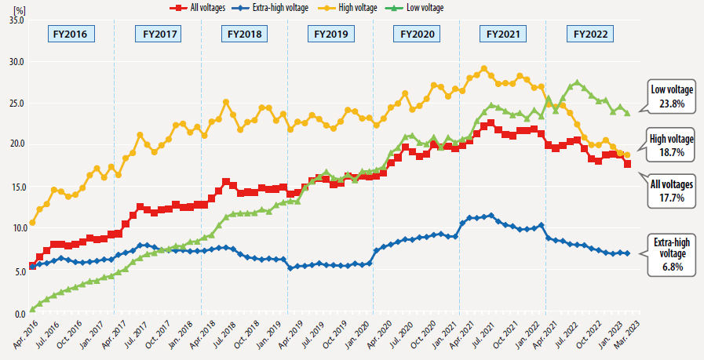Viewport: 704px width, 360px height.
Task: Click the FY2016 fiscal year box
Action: point(72,35)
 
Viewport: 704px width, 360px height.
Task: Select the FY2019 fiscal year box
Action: point(330,35)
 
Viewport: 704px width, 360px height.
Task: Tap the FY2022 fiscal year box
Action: point(589,35)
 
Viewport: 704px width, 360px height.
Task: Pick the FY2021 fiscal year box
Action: point(503,35)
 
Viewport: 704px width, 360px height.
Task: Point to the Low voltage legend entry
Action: point(436,7)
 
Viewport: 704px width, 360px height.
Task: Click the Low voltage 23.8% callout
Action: point(671,96)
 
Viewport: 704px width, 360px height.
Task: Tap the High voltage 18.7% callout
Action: point(671,144)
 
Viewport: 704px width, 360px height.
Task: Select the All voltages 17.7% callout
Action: point(671,191)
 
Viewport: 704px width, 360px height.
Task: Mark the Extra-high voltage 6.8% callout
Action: point(671,253)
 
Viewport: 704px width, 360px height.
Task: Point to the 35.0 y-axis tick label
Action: point(15,20)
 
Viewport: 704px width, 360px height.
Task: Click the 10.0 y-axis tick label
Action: point(15,228)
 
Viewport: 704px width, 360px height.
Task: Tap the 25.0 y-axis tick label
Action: point(15,104)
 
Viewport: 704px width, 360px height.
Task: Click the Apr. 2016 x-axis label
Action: point(23,335)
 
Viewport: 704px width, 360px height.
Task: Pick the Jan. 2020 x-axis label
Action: point(360,335)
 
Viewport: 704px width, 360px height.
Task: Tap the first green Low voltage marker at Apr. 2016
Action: point(32,309)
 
